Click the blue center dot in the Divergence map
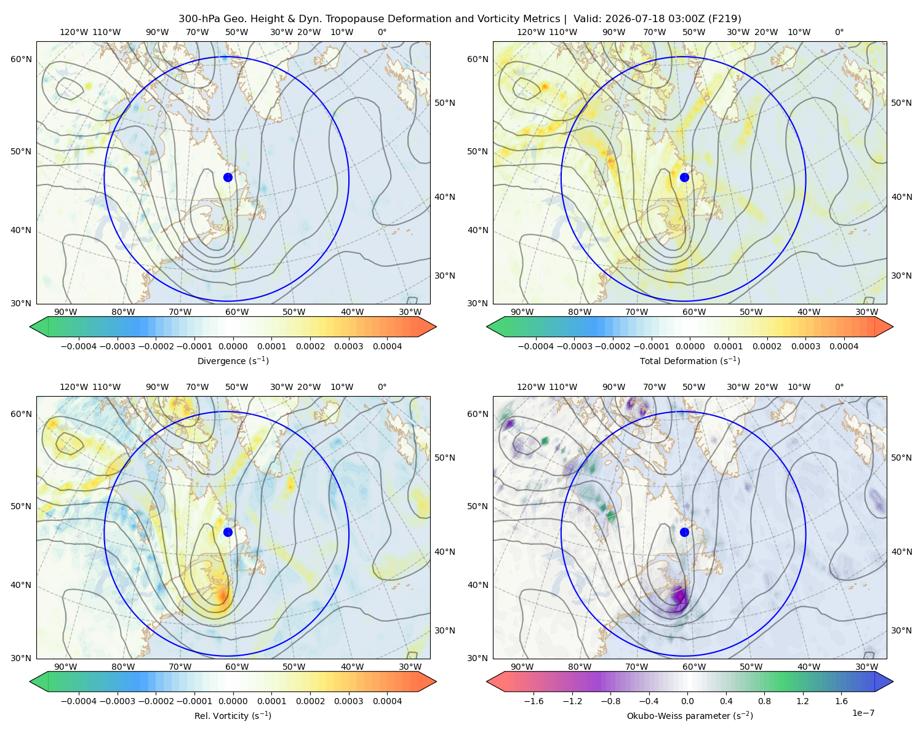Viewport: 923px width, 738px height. (x=228, y=177)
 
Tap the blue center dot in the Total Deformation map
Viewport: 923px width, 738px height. (x=684, y=177)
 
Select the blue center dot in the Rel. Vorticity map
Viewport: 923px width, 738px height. (x=228, y=532)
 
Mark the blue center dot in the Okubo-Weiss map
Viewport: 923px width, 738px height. (x=684, y=532)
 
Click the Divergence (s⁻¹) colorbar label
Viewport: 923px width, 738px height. (x=233, y=360)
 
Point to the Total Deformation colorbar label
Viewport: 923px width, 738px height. (x=690, y=360)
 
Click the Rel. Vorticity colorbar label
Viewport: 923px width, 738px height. (x=233, y=715)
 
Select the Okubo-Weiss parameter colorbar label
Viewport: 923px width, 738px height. (x=690, y=715)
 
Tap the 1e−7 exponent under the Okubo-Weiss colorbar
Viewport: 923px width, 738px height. (x=863, y=713)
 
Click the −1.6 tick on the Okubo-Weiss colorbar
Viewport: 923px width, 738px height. (x=533, y=700)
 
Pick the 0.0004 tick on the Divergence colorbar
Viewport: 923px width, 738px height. (x=387, y=346)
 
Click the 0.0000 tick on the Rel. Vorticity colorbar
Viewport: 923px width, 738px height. (x=233, y=700)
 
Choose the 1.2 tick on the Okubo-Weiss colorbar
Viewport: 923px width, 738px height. (x=802, y=700)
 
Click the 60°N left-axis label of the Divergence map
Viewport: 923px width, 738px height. (x=21, y=59)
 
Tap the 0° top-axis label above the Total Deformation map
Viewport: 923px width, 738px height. (x=839, y=32)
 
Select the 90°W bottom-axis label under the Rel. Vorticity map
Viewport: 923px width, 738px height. (x=66, y=667)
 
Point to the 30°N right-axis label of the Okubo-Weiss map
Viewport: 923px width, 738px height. (x=901, y=630)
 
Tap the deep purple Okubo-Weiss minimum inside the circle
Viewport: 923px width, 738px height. (x=680, y=597)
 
